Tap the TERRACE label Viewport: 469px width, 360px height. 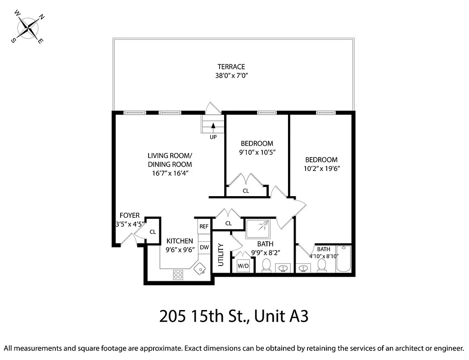click(231, 67)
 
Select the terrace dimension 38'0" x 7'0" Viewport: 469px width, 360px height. click(231, 76)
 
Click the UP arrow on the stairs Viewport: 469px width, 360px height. click(213, 127)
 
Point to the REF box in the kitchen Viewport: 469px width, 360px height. click(204, 226)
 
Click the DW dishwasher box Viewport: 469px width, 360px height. click(204, 247)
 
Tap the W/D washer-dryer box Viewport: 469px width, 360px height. click(243, 266)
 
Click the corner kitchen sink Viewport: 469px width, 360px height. click(198, 269)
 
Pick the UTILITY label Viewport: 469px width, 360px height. click(221, 255)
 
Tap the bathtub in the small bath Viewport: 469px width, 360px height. click(343, 259)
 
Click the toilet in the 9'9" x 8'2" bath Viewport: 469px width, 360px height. click(266, 266)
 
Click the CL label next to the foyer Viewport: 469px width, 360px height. click(153, 232)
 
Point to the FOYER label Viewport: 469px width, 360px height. click(129, 216)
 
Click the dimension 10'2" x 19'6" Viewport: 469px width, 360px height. click(321, 169)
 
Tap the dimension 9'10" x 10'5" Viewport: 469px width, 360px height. click(257, 153)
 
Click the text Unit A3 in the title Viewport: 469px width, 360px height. click(281, 316)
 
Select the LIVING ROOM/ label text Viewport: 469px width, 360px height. click(170, 156)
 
